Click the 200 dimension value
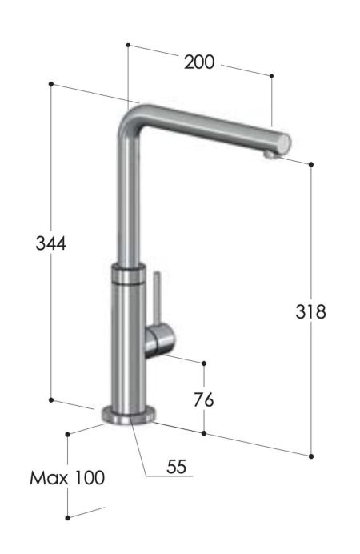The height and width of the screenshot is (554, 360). coord(199,62)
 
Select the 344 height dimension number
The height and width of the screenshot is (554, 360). coord(50,243)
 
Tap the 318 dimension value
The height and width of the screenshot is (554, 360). coord(310,312)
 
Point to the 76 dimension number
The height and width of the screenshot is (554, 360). coord(204,398)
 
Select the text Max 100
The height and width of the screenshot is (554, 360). coord(67,479)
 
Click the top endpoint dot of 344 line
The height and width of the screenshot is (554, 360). coord(50,83)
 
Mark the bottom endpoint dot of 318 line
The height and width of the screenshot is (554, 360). coord(310,456)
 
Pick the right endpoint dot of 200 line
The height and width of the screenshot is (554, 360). coord(272,76)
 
